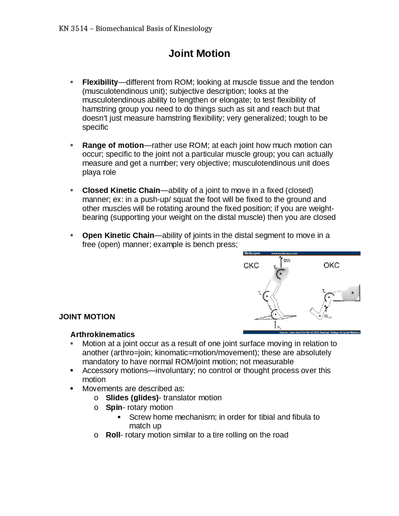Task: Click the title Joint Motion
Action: (x=199, y=54)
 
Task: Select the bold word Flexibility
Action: (x=100, y=82)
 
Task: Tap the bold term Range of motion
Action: (x=113, y=146)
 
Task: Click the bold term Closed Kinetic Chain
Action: (x=121, y=190)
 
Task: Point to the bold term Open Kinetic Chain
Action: (x=118, y=236)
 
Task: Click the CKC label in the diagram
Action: (x=251, y=266)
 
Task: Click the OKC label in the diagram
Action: (x=331, y=265)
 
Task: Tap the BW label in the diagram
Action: (x=287, y=260)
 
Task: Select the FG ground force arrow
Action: (x=275, y=325)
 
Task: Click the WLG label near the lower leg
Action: (x=328, y=317)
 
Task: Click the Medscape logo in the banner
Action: (x=252, y=253)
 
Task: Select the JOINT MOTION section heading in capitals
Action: (x=87, y=317)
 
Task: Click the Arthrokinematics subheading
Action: (x=103, y=335)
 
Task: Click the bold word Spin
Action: (x=114, y=408)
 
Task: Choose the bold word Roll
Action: (x=113, y=435)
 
